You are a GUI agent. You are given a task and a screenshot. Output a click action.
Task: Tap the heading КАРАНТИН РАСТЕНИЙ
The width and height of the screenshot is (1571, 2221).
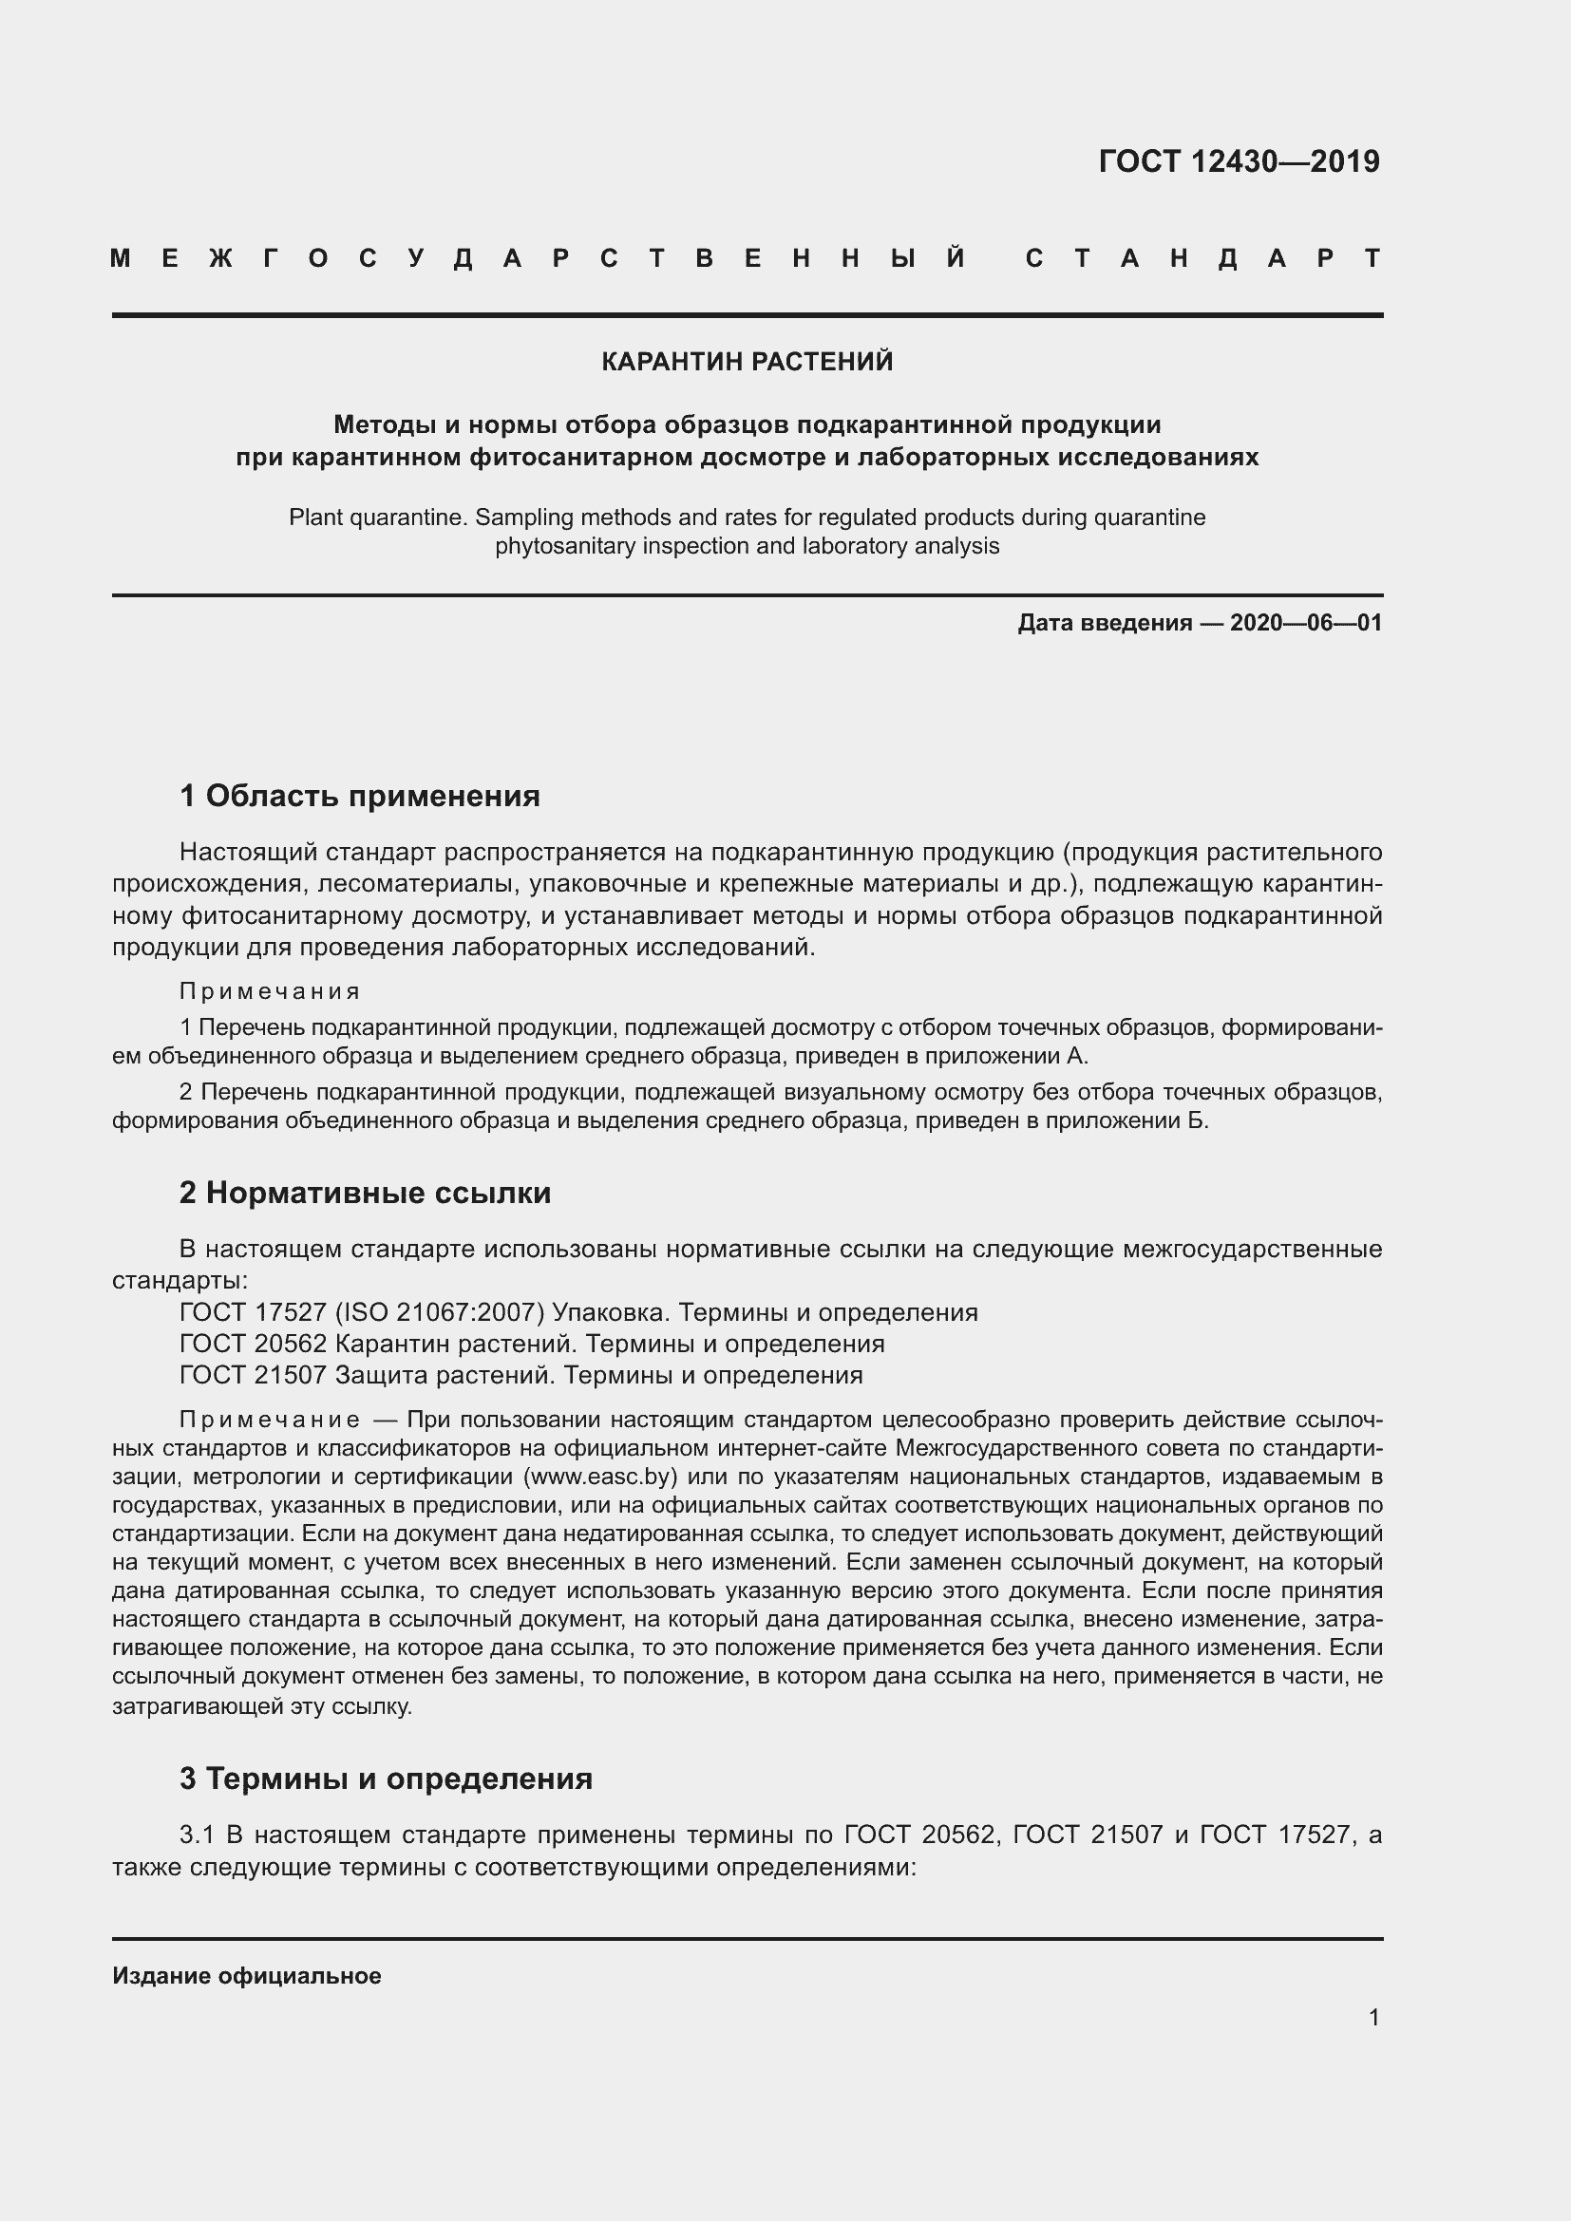pyautogui.click(x=747, y=362)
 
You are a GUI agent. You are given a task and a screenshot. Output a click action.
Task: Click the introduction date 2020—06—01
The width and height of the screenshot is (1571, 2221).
pyautogui.click(x=1306, y=623)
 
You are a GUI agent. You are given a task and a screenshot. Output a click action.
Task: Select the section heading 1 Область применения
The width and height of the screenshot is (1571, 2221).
pyautogui.click(x=360, y=796)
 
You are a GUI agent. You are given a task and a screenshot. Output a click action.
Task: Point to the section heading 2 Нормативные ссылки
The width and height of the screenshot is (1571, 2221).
pyautogui.click(x=365, y=1193)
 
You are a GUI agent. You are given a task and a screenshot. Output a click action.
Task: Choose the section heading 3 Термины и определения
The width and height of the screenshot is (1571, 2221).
pyautogui.click(x=386, y=1779)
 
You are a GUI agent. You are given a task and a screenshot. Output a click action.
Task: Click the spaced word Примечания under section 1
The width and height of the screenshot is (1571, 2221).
pyautogui.click(x=270, y=991)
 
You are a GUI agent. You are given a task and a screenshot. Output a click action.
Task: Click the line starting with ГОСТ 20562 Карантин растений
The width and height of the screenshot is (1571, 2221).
pyautogui.click(x=532, y=1344)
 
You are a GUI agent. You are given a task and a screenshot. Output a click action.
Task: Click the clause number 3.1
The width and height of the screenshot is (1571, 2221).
pyautogui.click(x=199, y=1835)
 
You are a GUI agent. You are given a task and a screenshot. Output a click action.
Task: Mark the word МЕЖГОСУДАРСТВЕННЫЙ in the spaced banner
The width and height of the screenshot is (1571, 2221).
pyautogui.click(x=538, y=259)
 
